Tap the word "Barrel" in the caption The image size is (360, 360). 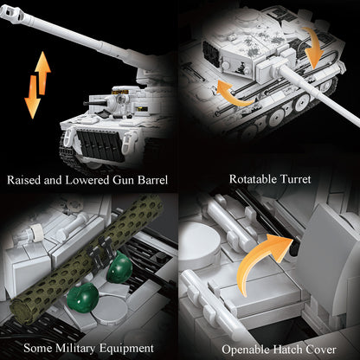152,180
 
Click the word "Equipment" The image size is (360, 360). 126,349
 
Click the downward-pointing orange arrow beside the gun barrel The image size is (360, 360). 32,97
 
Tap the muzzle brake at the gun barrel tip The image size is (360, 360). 10,12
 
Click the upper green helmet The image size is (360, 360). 119,267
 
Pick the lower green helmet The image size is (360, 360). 83,298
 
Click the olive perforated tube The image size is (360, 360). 87,258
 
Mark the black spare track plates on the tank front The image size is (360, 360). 100,145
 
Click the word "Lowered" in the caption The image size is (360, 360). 87,180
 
